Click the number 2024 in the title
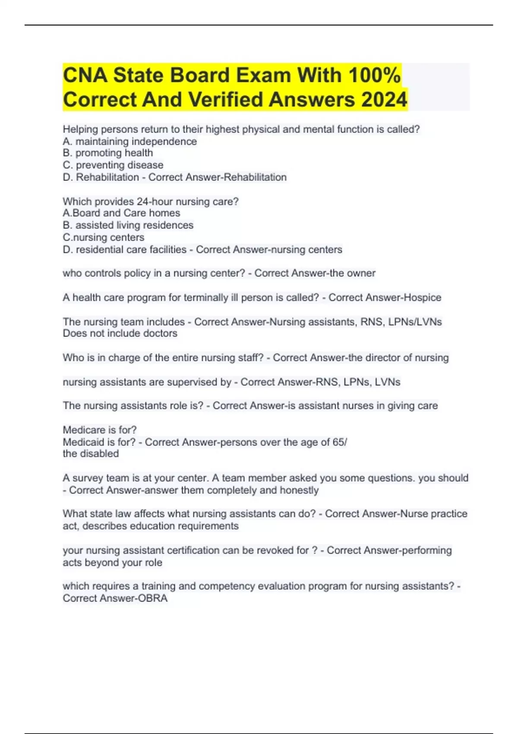click(x=384, y=100)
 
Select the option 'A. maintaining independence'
click(x=129, y=142)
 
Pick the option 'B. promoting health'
click(x=107, y=153)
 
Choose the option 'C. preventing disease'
click(x=113, y=165)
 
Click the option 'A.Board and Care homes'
click(x=121, y=213)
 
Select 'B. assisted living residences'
click(x=128, y=225)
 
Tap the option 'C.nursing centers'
click(x=103, y=237)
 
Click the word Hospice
click(x=422, y=297)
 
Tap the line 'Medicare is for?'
click(x=99, y=430)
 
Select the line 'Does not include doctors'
click(x=120, y=333)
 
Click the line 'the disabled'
click(x=91, y=454)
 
